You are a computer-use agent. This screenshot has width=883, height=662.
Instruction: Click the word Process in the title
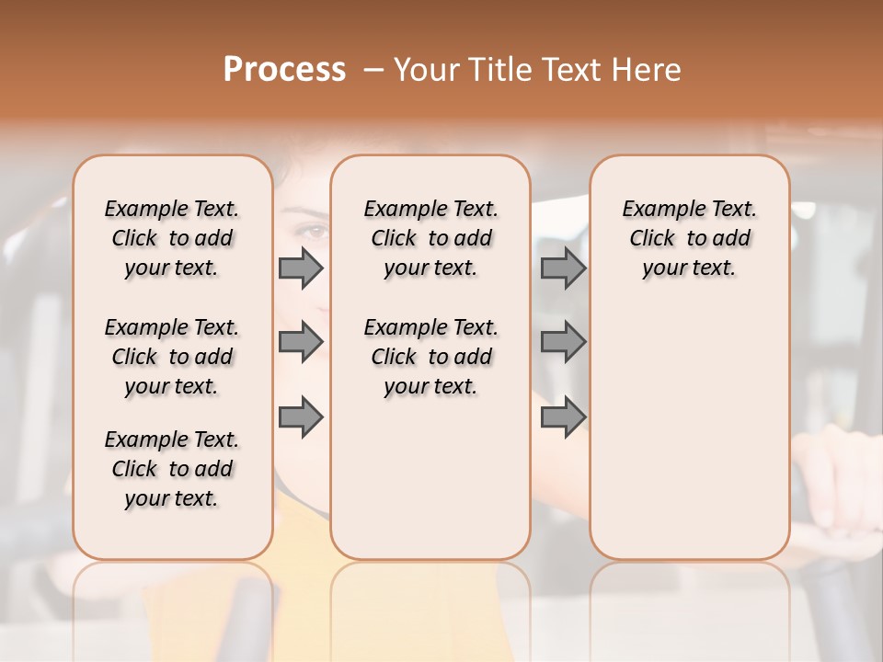[x=284, y=70]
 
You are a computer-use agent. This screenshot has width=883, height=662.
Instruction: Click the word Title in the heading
[x=501, y=70]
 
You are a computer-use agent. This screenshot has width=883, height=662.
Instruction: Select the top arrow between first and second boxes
[x=301, y=268]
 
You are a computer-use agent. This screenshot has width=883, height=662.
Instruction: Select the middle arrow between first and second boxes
[x=301, y=342]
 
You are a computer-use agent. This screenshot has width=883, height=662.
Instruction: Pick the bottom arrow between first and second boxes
[x=301, y=417]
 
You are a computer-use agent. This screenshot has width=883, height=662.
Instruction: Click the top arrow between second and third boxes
[x=563, y=268]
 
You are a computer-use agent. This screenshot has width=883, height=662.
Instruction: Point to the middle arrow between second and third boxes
[x=563, y=342]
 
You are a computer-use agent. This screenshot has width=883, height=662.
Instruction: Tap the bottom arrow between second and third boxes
[x=563, y=417]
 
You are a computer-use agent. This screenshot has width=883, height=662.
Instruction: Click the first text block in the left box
[x=172, y=238]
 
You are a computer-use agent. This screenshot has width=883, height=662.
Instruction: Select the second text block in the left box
[x=172, y=357]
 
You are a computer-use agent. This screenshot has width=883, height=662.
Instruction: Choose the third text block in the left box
[x=172, y=469]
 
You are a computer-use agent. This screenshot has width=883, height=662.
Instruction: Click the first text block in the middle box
[x=430, y=238]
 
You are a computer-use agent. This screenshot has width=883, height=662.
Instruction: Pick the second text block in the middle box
[x=430, y=357]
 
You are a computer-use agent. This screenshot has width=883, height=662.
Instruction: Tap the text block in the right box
[x=689, y=238]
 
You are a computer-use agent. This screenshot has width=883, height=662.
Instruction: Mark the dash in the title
[x=373, y=70]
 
